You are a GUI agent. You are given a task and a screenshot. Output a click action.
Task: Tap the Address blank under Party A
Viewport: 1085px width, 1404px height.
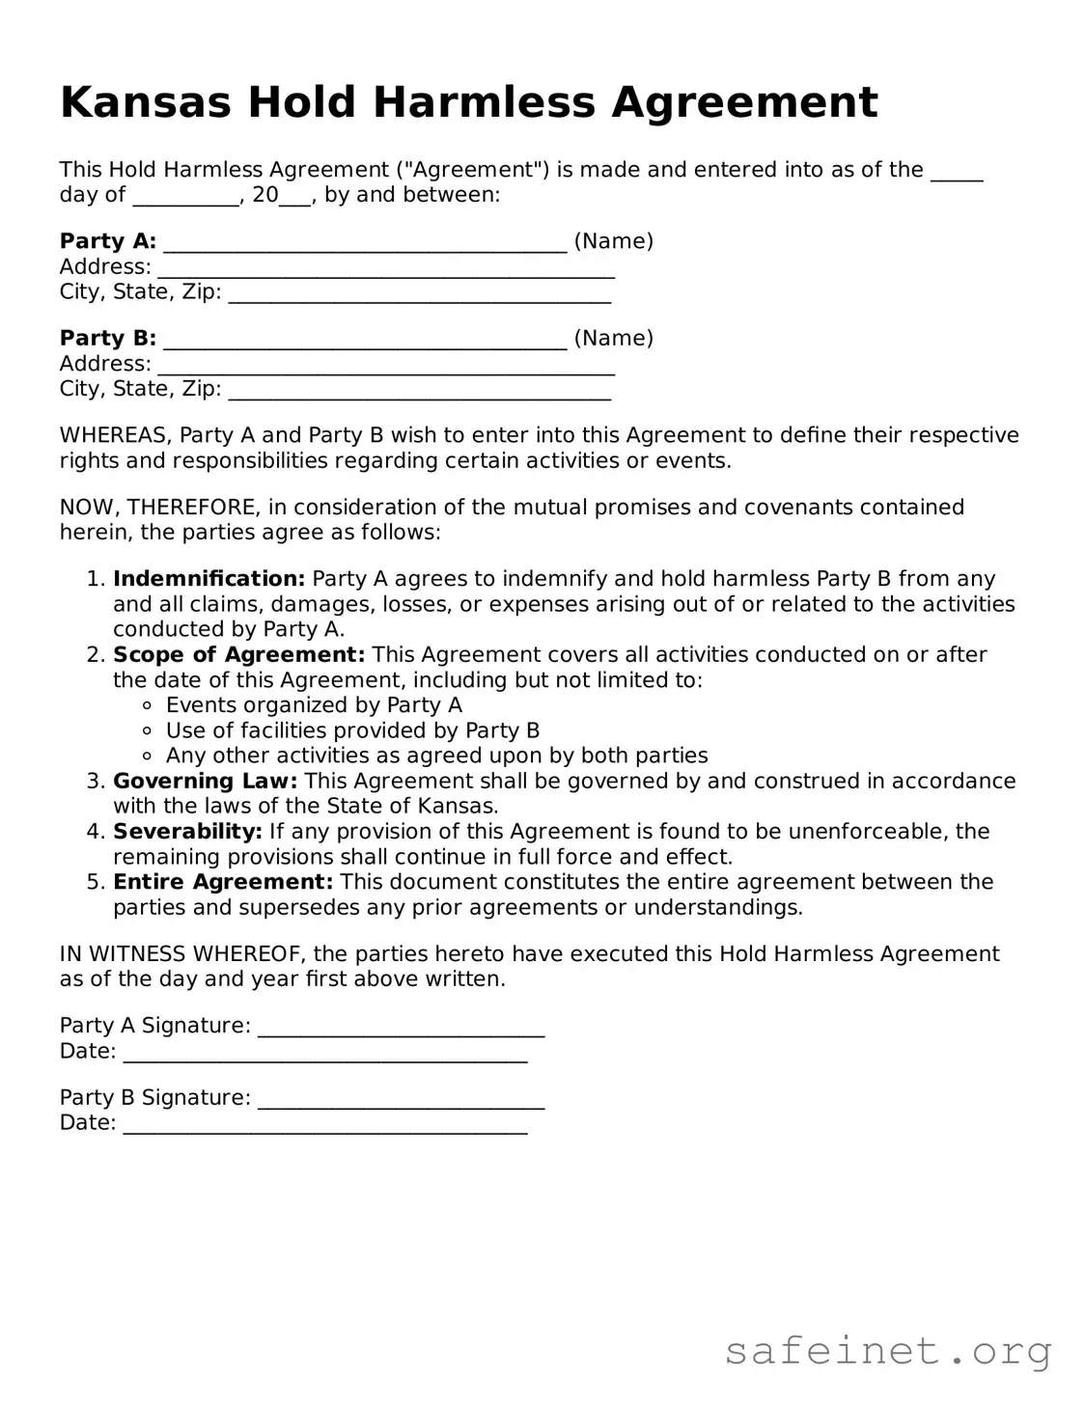pos(386,269)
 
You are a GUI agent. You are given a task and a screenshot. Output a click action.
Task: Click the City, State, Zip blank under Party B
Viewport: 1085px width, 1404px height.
pos(420,392)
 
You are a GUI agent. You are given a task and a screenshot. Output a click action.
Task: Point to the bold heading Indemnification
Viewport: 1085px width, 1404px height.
pos(209,579)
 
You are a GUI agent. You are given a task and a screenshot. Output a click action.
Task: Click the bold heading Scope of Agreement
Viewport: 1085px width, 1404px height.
pos(238,655)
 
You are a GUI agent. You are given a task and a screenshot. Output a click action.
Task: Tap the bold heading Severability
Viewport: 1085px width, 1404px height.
pos(187,832)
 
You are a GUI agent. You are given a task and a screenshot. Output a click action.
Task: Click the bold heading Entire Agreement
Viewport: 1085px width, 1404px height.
pos(223,882)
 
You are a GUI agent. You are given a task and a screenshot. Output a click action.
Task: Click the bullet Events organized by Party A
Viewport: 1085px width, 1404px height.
pos(314,705)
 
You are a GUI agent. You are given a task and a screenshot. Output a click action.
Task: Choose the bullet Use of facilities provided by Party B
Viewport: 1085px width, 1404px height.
pos(352,730)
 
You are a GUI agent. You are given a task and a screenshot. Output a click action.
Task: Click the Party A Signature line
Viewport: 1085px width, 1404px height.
pos(402,1029)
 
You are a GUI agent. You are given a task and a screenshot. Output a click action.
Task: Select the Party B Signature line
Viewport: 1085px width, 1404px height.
pos(402,1101)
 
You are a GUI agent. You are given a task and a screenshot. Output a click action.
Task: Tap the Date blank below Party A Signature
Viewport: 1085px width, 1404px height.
pos(325,1054)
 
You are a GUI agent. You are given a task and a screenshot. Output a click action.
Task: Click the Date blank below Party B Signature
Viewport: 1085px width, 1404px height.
pos(325,1126)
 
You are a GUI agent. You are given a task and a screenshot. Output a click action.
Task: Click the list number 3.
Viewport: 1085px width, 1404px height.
pos(93,781)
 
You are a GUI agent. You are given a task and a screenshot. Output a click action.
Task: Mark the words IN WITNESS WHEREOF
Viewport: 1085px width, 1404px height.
pos(182,954)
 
